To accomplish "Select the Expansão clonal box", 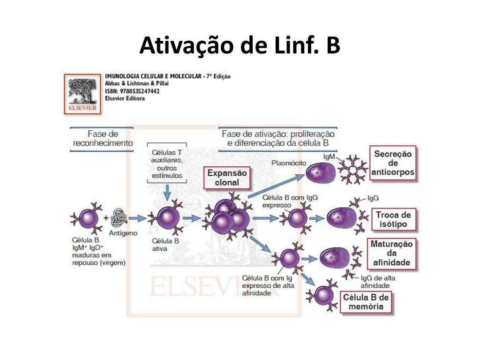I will pos(227,178).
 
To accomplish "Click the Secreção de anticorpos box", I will pos(393,163).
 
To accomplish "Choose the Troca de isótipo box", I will pos(393,219).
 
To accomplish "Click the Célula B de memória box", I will pos(366,302).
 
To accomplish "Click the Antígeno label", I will pos(123,233).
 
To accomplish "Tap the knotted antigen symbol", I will pos(120,217).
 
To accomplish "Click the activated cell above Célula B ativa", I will pos(165,217).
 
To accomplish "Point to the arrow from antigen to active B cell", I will pos(138,218).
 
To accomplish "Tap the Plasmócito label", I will pos(289,163).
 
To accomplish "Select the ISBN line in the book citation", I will pos(132,91).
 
